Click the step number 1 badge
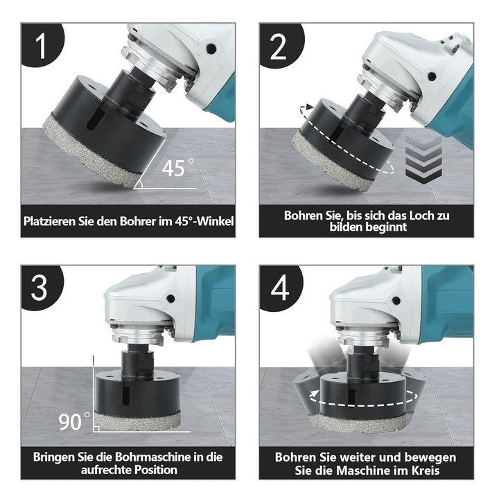click(41, 44)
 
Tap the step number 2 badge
click(279, 45)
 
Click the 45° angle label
click(177, 168)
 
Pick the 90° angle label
click(74, 422)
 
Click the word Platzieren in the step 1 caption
click(50, 222)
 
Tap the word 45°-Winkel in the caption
click(204, 221)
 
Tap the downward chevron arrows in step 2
click(423, 161)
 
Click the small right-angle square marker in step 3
click(96, 429)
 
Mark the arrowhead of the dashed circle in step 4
click(314, 394)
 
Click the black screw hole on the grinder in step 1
click(211, 49)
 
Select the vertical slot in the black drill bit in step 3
click(128, 394)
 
